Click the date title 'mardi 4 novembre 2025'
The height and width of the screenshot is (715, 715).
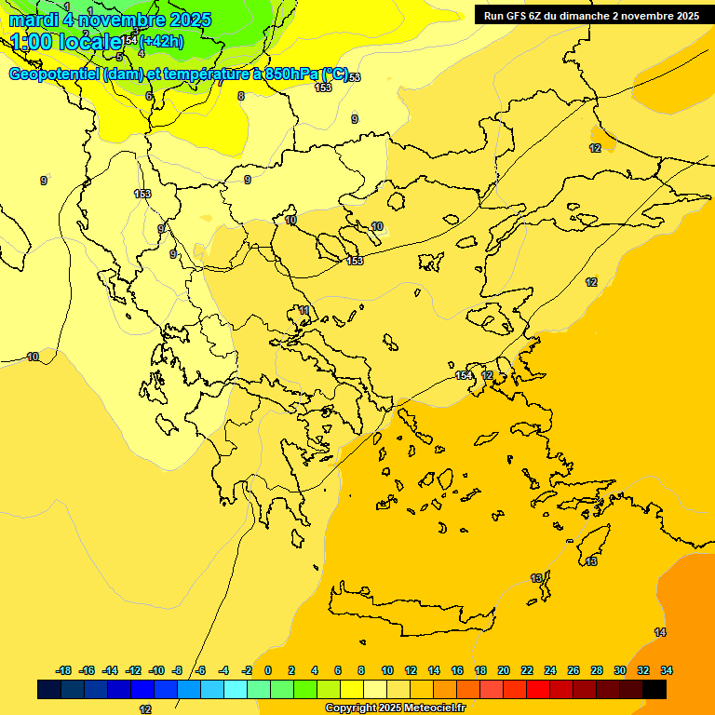(110, 20)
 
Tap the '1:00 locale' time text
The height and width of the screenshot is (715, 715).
(66, 41)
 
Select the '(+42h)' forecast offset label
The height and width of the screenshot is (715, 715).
(161, 41)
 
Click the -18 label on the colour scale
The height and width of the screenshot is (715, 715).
(63, 670)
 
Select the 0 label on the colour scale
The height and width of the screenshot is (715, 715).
(268, 670)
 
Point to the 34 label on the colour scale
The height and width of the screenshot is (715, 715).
(667, 670)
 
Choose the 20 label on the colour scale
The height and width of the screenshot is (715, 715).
(504, 670)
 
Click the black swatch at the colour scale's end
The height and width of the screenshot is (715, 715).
(654, 689)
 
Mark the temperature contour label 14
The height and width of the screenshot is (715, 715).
(660, 632)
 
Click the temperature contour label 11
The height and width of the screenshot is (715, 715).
(304, 310)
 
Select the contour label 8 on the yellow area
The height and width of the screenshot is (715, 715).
(241, 96)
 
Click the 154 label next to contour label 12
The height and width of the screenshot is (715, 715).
(464, 375)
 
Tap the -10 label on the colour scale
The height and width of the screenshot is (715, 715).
(156, 670)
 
